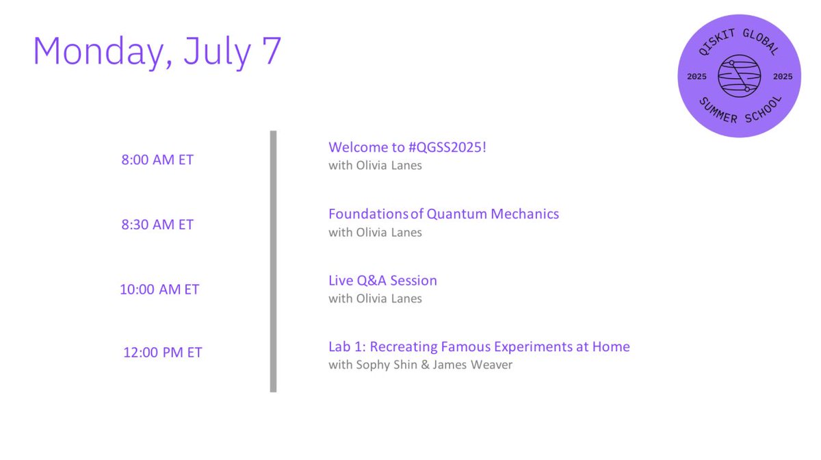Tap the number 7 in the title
pyautogui.click(x=272, y=50)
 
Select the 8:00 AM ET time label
pyautogui.click(x=157, y=160)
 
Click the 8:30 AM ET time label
pyautogui.click(x=157, y=225)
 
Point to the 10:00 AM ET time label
pyautogui.click(x=159, y=290)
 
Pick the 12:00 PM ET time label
pyautogui.click(x=162, y=353)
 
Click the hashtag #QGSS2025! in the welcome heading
pyautogui.click(x=447, y=147)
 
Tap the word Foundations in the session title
pyautogui.click(x=368, y=214)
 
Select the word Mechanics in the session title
pyautogui.click(x=525, y=214)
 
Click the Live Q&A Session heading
pyautogui.click(x=382, y=281)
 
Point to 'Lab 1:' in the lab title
pyautogui.click(x=348, y=346)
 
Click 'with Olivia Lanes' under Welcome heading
pyautogui.click(x=375, y=166)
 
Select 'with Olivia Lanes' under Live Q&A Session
pyautogui.click(x=375, y=298)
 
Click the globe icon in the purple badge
pyautogui.click(x=739, y=76)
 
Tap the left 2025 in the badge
pyautogui.click(x=696, y=77)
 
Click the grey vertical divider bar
pyautogui.click(x=273, y=261)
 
